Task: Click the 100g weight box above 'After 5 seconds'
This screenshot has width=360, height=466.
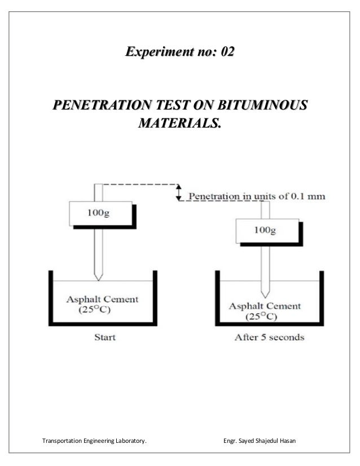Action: coord(265,230)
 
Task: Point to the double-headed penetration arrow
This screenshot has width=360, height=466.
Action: coord(179,192)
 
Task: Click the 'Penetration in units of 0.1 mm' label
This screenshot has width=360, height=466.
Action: coord(256,197)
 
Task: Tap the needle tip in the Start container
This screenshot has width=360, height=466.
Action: coord(99,278)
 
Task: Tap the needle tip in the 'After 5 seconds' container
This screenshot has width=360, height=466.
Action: coord(265,294)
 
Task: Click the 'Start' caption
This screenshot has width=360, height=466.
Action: coord(104,338)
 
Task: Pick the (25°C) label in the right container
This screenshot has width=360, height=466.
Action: coord(260,316)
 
